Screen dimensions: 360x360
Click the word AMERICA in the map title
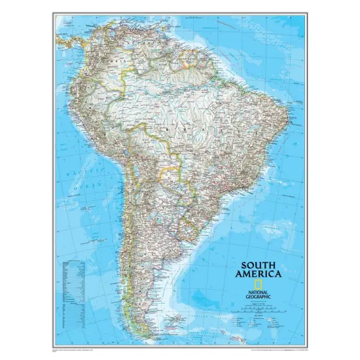(261, 276)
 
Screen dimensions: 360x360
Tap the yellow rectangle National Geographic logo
(259, 283)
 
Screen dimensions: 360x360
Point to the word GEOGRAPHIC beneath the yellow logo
(247, 287)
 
